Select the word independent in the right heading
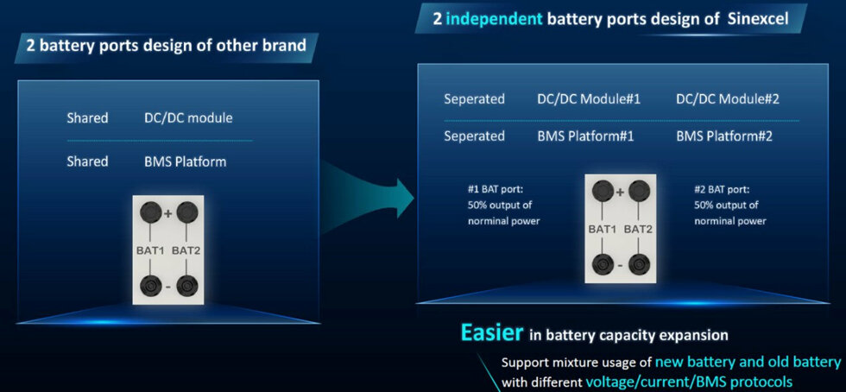click(494, 20)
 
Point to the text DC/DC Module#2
click(727, 99)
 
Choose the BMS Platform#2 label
click(724, 136)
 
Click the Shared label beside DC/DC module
click(87, 117)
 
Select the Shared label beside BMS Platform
click(87, 161)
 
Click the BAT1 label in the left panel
click(151, 250)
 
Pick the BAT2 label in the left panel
click(186, 250)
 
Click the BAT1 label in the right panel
click(603, 230)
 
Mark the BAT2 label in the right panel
click(638, 230)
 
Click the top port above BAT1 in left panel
click(150, 212)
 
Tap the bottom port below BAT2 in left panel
click(186, 285)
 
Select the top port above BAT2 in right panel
click(638, 190)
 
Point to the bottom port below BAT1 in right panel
click(603, 264)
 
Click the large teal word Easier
click(491, 332)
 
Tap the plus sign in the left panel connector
click(167, 213)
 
